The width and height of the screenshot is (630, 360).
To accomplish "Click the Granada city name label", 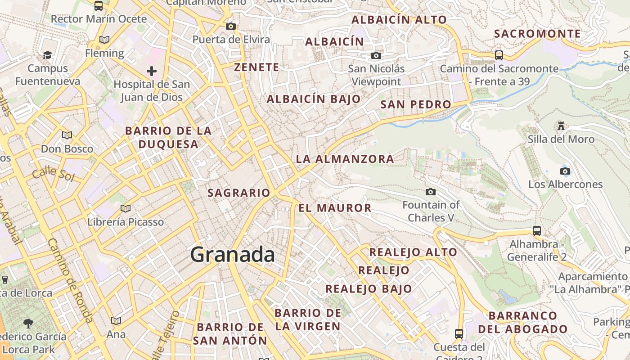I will click(x=232, y=255).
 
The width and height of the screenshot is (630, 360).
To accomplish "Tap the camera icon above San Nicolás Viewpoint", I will click(x=376, y=55).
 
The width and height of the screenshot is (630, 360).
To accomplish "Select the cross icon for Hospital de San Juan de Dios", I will click(x=152, y=71).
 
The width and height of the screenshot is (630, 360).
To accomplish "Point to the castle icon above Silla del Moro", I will click(x=561, y=126).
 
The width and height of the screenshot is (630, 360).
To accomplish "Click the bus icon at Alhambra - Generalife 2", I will click(x=536, y=231).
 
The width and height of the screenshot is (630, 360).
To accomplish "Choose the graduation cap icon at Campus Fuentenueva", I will click(x=47, y=55).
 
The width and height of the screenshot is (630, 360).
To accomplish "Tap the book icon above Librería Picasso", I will click(x=126, y=208).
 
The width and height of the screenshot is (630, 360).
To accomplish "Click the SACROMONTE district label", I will click(x=537, y=34).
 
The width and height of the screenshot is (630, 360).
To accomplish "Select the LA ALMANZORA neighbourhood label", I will click(x=345, y=159).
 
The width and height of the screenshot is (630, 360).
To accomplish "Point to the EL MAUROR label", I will click(x=335, y=208).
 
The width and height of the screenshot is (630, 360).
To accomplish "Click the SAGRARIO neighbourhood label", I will click(x=238, y=193).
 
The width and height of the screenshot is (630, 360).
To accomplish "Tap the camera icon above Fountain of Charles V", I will click(x=431, y=192).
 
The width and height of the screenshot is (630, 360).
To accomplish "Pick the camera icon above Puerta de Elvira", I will click(x=231, y=26).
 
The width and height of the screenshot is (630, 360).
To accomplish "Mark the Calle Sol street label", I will click(x=53, y=173).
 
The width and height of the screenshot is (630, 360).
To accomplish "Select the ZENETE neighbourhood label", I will click(x=256, y=67).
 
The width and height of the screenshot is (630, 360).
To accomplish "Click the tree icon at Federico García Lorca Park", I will click(x=28, y=323).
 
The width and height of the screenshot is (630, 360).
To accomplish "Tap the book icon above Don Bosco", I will click(x=67, y=135).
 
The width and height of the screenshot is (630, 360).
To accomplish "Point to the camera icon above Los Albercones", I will click(x=565, y=171).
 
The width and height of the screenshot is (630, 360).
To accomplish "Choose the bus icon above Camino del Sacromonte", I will click(x=499, y=55).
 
